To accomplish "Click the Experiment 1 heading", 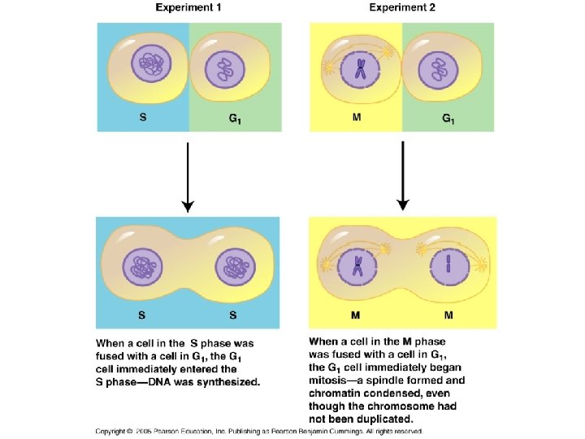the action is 189,7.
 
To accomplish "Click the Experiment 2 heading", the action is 402,7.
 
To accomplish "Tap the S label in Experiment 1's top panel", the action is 143,116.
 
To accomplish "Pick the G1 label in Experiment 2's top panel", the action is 448,119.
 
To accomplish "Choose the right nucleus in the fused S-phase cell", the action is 235,267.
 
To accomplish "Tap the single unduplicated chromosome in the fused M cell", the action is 446,265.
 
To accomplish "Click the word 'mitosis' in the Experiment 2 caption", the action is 331,380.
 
